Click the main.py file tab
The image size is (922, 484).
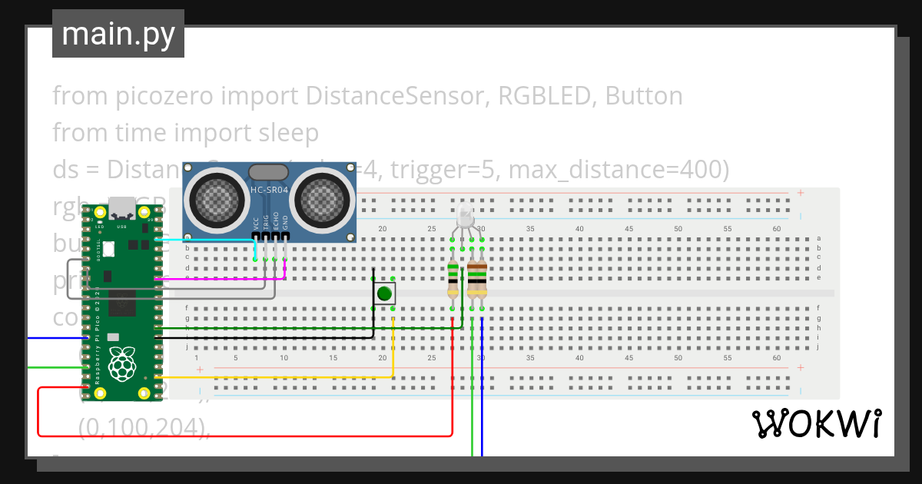(x=118, y=35)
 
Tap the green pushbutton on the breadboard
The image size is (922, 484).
(x=384, y=293)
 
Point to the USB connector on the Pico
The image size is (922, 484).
(x=121, y=207)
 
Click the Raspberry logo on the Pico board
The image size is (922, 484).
(x=120, y=366)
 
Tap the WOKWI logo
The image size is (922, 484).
(x=815, y=423)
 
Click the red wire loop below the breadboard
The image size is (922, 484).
(x=230, y=436)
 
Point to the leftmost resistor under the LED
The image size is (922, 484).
(x=453, y=280)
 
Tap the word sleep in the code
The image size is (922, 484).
(x=288, y=133)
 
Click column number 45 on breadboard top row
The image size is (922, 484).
(x=628, y=229)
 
